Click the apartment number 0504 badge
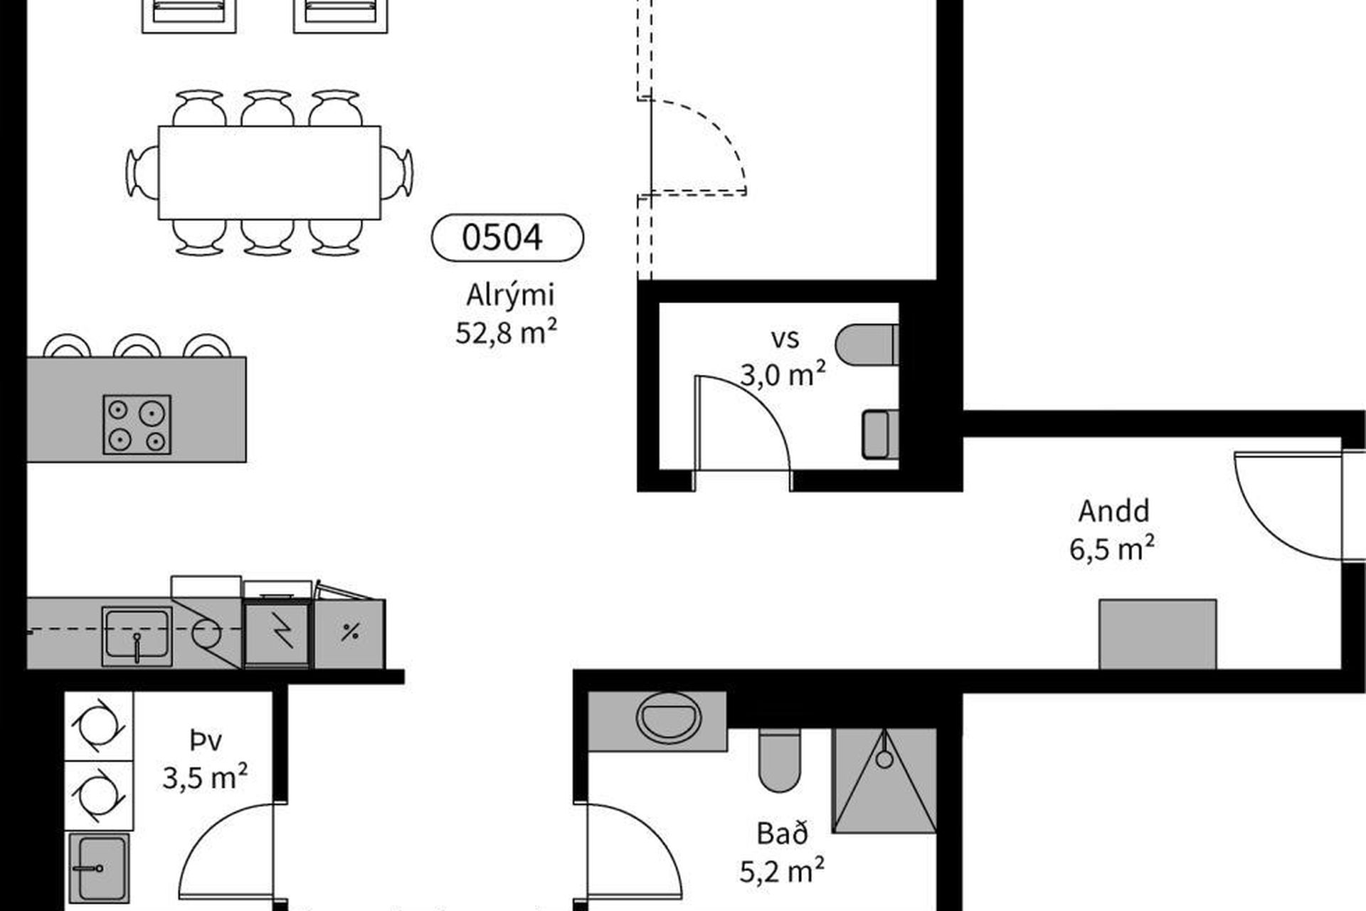click(507, 237)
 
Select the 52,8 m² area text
click(506, 332)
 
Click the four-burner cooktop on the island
click(137, 424)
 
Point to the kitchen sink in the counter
click(137, 636)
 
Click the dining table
click(269, 173)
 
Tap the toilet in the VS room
click(867, 345)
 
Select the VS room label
click(785, 339)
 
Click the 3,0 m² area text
click(783, 374)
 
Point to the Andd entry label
click(1113, 511)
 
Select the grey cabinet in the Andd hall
click(1158, 634)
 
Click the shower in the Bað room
click(884, 780)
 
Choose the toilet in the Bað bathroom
click(780, 760)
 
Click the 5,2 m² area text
click(782, 871)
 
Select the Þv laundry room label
click(206, 741)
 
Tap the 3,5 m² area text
click(205, 777)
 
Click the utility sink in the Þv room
click(100, 868)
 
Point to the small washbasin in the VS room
click(880, 434)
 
